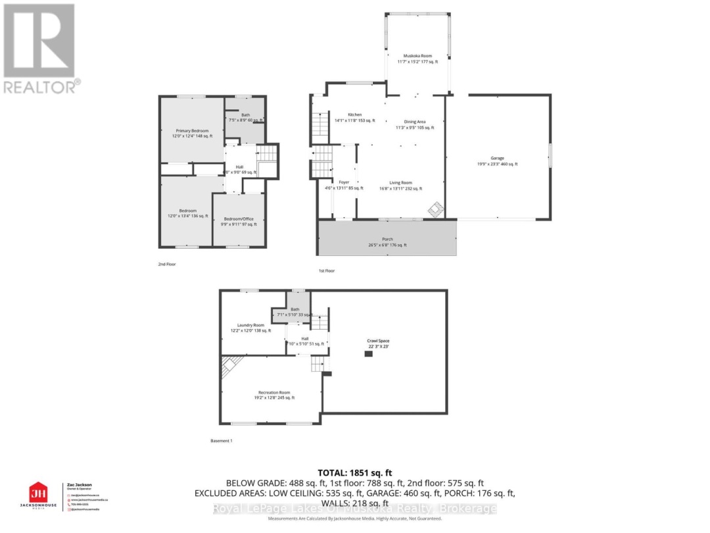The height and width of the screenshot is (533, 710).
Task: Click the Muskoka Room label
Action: click(x=417, y=57)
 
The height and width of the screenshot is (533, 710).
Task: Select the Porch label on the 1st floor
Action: click(x=386, y=241)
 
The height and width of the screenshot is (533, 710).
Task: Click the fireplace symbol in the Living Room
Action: click(x=435, y=210)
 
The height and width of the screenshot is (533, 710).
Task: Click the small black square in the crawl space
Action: click(x=369, y=354)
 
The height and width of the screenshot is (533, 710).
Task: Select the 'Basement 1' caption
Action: click(x=221, y=440)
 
